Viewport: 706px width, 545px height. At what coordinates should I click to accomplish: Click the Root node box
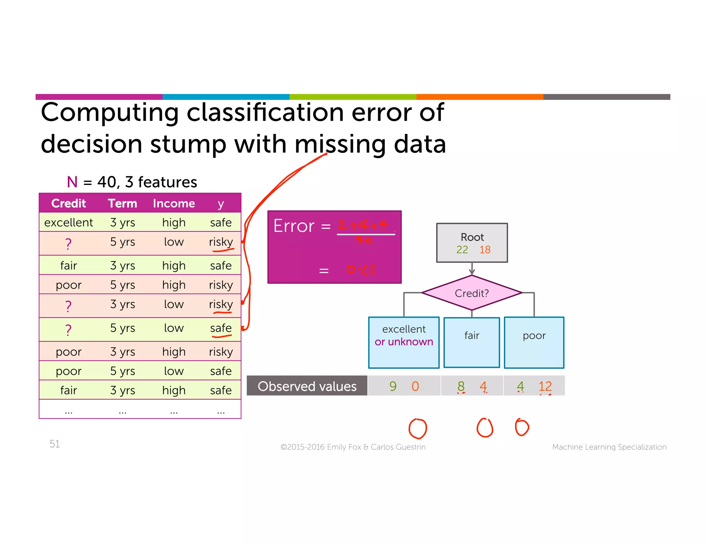coord(472,243)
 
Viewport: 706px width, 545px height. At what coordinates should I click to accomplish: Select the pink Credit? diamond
coord(472,293)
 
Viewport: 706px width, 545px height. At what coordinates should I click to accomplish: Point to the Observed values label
coord(307,386)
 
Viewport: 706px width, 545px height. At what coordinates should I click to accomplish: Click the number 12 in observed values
coord(545,386)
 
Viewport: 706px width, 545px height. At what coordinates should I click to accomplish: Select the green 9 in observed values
coord(393,386)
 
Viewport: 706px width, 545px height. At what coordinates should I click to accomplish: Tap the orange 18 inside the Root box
coord(485,249)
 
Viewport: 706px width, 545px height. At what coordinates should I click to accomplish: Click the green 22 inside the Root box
coord(462,249)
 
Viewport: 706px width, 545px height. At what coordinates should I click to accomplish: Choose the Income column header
coord(174,203)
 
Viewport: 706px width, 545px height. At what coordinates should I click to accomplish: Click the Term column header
coord(122,203)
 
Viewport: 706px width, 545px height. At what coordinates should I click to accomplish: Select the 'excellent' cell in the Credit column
coord(69,223)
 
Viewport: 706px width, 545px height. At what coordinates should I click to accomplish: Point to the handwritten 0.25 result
coord(361,269)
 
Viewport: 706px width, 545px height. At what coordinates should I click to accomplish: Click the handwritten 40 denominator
coord(364,240)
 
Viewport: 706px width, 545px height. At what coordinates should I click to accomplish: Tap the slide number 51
coord(54,444)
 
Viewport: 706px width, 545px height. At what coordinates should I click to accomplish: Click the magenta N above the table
coord(72,182)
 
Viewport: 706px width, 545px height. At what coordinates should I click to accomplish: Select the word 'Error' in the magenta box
coord(294,226)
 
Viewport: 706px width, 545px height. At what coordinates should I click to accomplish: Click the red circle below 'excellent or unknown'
coord(417,429)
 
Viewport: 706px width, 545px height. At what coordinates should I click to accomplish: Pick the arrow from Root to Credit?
coord(472,269)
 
